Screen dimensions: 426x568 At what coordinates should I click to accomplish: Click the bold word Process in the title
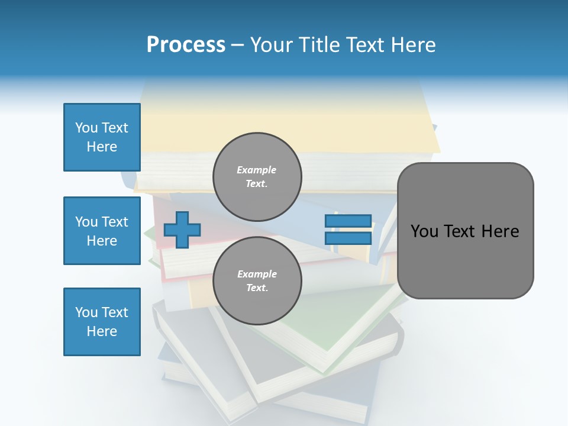pos(186,45)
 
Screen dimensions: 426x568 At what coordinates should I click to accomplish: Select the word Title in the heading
pos(318,45)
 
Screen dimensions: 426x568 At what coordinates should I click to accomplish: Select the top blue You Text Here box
pos(102,137)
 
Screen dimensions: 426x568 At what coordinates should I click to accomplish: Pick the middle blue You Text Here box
pos(102,231)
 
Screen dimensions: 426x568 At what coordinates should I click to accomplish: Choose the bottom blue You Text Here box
pos(102,322)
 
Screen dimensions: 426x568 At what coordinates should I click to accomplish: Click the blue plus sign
pos(182,230)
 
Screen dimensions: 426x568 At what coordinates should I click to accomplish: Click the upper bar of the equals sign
pos(348,221)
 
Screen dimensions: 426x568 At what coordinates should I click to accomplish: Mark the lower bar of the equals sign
pos(348,238)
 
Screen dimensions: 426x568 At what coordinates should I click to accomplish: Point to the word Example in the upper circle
pos(257,170)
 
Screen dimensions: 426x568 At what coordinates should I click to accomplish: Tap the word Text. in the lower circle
pos(257,288)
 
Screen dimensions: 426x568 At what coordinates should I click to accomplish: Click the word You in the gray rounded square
pos(424,231)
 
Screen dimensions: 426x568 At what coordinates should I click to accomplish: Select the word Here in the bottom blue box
pos(102,331)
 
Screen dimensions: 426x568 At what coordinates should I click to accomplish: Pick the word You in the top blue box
pos(86,128)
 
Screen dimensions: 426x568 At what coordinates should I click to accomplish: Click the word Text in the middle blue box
pos(114,222)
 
